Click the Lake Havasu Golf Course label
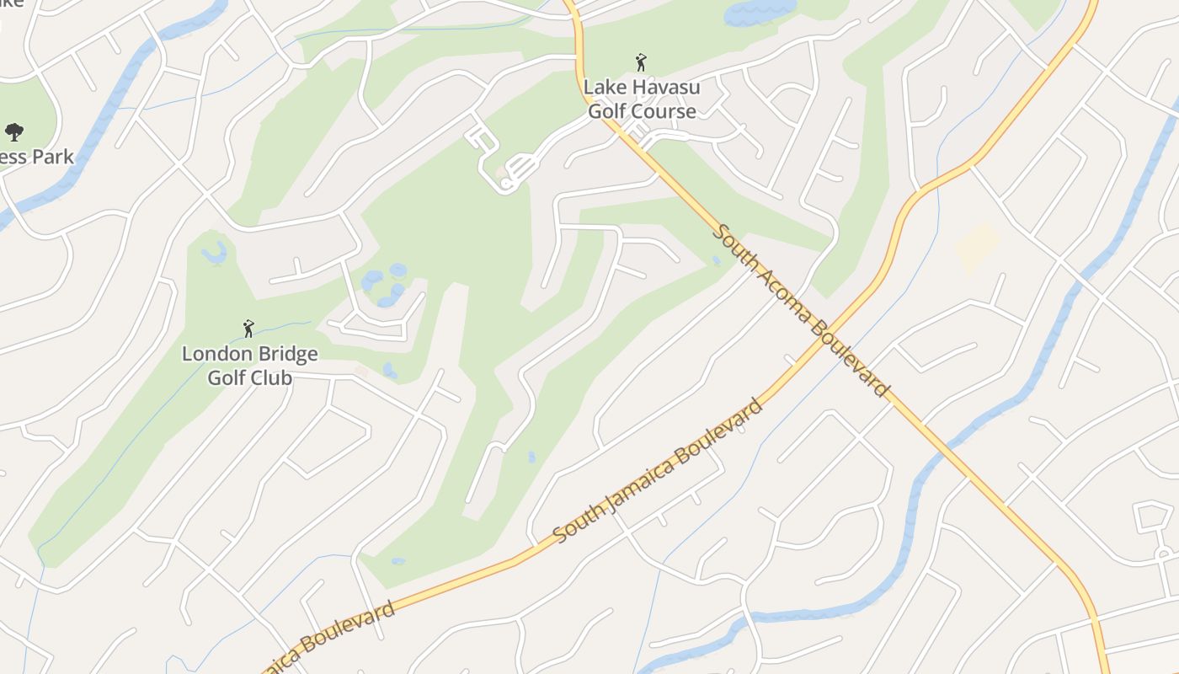(642, 99)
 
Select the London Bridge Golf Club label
(250, 365)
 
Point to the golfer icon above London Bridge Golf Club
(248, 329)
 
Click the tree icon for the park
(13, 131)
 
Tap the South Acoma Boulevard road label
(799, 309)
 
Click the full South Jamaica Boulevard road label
(659, 470)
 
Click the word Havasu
(666, 87)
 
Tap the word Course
(666, 110)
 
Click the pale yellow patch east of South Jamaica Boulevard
(977, 248)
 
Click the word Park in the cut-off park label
(53, 157)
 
